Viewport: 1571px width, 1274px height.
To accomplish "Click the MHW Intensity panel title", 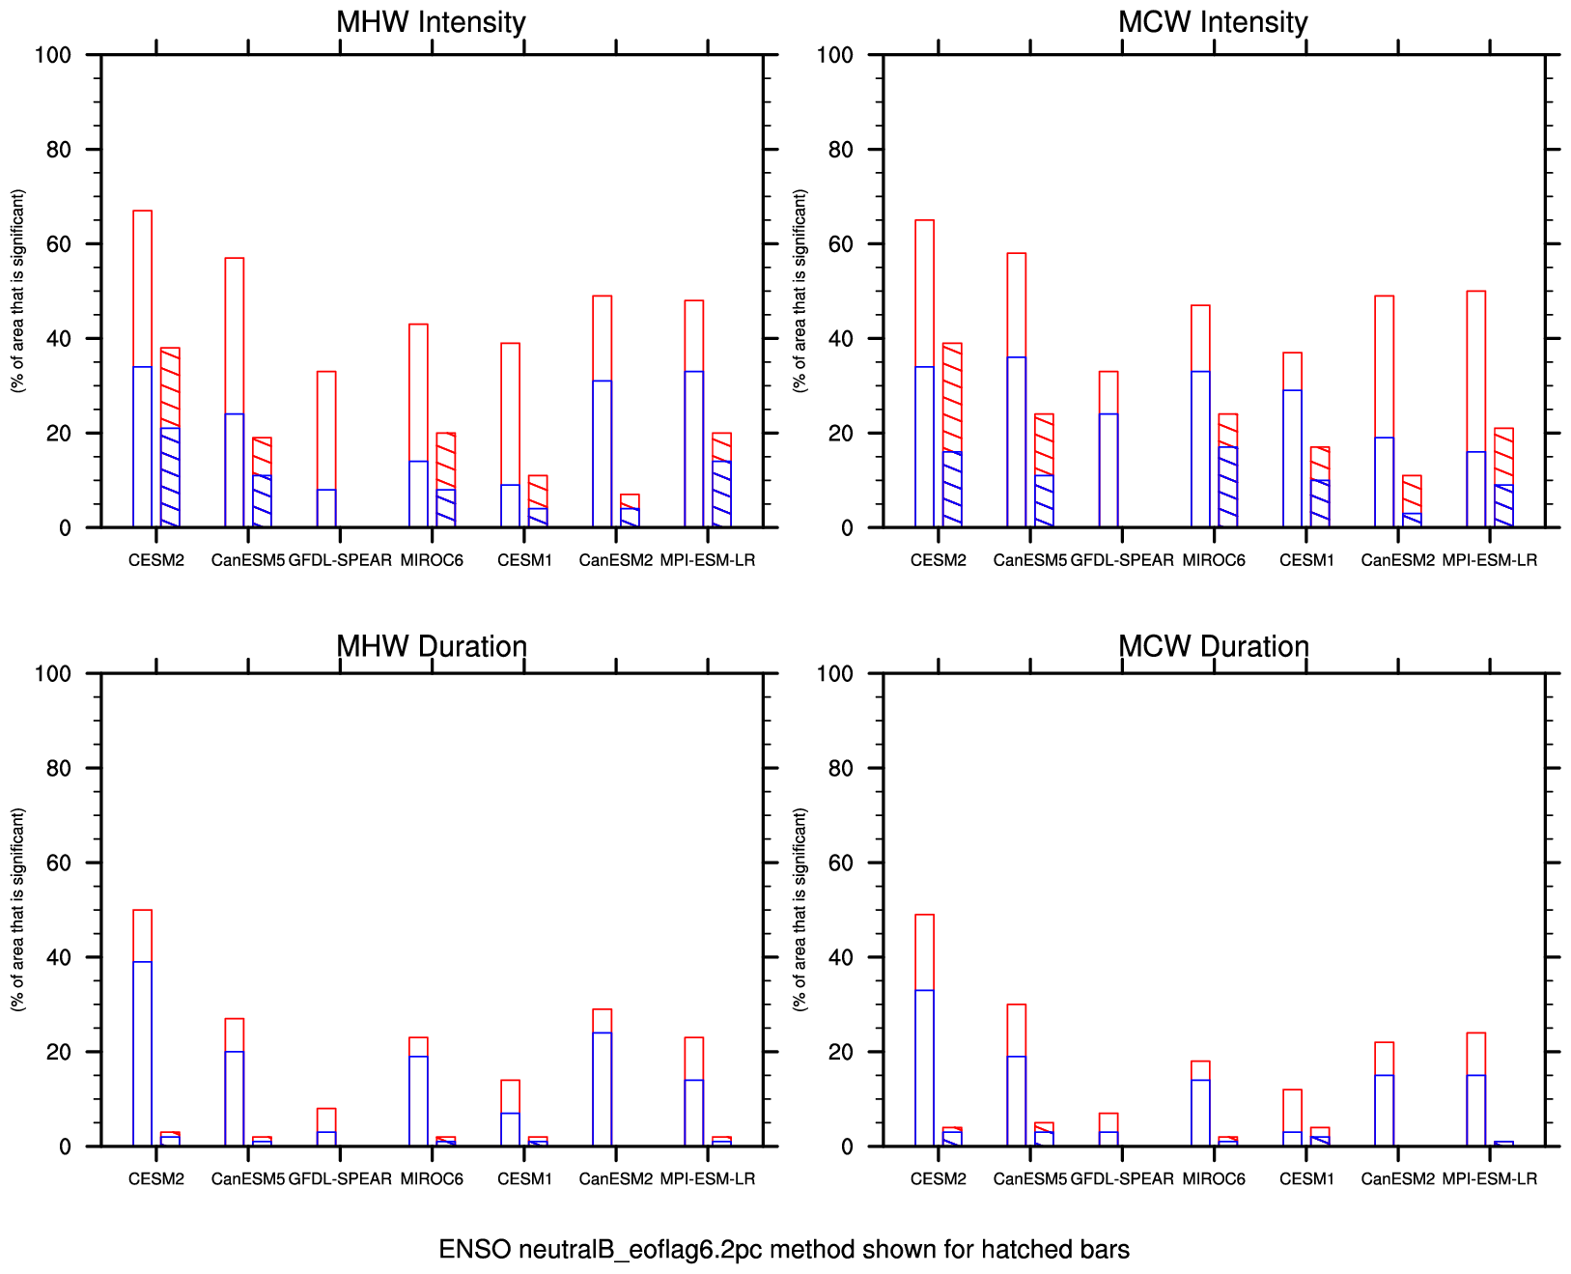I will point(431,22).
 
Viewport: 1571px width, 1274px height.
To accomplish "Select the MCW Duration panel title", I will point(1213,646).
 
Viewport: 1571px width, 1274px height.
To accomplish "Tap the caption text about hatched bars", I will point(784,1250).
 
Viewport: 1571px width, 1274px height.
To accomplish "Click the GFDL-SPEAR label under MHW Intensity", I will point(341,560).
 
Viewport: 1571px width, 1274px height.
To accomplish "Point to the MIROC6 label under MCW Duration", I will point(1214,1178).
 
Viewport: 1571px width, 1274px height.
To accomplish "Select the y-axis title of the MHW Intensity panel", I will point(18,291).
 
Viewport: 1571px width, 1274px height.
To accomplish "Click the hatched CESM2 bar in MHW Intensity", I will point(170,438).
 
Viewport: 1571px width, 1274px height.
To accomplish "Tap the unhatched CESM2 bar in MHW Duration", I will point(142,1028).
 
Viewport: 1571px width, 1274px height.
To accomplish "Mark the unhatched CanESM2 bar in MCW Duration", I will point(1384,1094).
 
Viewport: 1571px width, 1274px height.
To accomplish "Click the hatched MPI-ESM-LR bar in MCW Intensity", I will point(1503,478).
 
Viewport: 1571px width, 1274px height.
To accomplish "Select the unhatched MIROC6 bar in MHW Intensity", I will point(418,426).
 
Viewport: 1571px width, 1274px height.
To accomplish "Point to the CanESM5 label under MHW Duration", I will point(248,1178).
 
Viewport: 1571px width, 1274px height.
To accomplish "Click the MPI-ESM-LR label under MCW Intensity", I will point(1489,560).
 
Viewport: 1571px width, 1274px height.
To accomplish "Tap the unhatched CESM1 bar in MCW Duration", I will point(1292,1118).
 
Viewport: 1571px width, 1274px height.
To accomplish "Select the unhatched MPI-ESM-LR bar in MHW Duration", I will point(693,1091).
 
